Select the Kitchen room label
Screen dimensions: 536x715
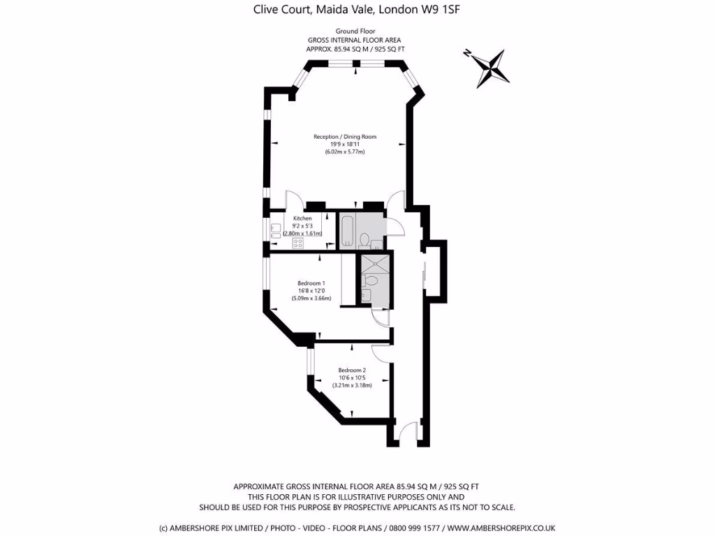point(302,218)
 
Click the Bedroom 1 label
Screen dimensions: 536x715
point(311,283)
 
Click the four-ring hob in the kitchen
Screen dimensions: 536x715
point(298,244)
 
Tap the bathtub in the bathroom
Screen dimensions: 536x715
point(346,232)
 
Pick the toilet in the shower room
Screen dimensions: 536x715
point(370,281)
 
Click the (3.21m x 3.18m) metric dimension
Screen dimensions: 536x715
point(352,385)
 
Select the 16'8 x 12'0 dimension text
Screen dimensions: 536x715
point(311,291)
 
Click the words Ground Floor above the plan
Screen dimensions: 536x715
point(356,31)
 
